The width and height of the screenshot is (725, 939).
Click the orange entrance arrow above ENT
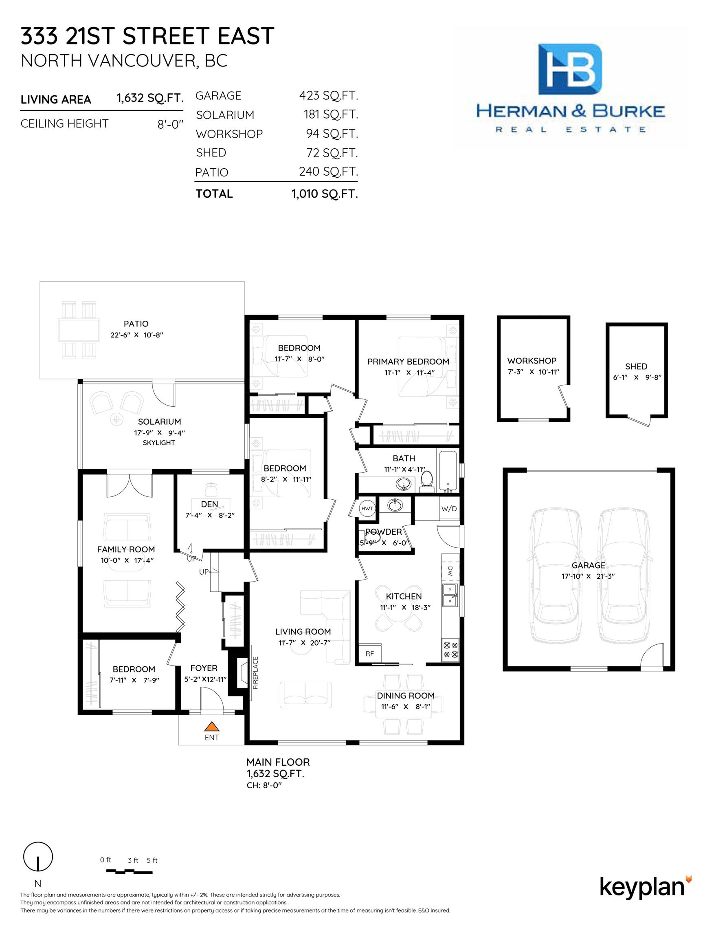(211, 726)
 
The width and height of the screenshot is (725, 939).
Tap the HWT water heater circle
(367, 509)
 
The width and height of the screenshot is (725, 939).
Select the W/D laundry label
(449, 509)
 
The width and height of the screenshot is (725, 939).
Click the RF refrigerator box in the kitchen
(369, 654)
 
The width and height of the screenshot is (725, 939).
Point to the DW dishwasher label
(450, 571)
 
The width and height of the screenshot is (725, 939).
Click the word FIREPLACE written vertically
(255, 673)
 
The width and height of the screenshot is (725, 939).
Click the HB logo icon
(570, 69)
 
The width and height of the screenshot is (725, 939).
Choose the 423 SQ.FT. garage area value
(328, 95)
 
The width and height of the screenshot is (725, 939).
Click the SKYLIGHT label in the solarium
(159, 443)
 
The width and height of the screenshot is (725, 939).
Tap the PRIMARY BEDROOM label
(408, 361)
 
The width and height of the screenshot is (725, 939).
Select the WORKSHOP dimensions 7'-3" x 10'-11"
(533, 372)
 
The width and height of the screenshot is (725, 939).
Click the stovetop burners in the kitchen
(450, 650)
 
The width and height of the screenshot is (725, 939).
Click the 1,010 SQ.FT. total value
(325, 194)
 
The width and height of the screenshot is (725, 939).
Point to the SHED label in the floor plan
(636, 366)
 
